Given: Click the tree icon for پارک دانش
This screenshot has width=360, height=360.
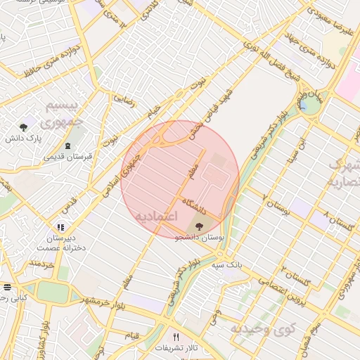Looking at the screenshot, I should coord(24,127).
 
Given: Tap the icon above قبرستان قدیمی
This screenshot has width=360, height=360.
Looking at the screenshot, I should coord(67,146).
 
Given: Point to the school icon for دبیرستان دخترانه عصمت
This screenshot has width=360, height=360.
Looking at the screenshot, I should coord(60,227).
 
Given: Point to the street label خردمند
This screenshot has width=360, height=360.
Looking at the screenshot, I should coord(41,265).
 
